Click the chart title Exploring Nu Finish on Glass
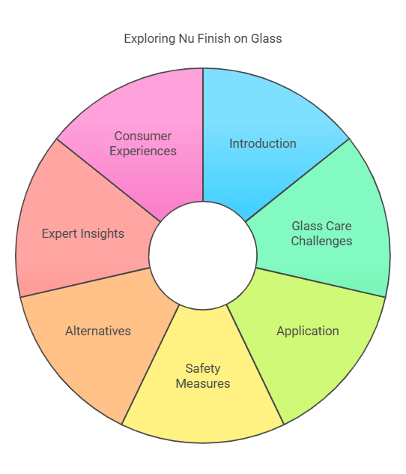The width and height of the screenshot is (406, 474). [x=202, y=37]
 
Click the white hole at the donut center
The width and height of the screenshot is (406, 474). [x=202, y=255]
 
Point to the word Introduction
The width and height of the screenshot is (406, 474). [x=262, y=143]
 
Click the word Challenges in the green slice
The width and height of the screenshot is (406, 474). [x=321, y=241]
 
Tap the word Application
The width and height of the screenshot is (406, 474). [x=307, y=331]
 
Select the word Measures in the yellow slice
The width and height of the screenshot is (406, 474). [x=203, y=383]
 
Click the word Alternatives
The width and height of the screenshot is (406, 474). [x=97, y=331]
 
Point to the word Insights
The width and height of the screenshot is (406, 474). [x=103, y=233]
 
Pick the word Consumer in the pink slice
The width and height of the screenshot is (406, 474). [x=143, y=136]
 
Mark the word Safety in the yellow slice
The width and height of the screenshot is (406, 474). [x=203, y=368]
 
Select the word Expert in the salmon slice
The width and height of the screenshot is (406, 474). [x=61, y=233]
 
